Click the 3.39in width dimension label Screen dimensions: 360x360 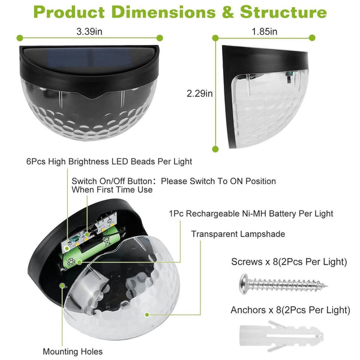[89, 31]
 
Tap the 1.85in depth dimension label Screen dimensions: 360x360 [264, 31]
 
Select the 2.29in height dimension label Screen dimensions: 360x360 [200, 94]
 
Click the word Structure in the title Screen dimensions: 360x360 [283, 12]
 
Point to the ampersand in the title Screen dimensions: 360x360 [228, 12]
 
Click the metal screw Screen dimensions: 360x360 [283, 284]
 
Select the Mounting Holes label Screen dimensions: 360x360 [73, 352]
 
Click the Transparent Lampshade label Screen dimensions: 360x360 [238, 234]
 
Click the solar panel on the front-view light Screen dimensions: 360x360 [90, 58]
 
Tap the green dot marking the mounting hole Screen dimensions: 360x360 [62, 286]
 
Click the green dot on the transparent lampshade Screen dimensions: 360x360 [147, 314]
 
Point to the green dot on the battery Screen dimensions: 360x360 [79, 262]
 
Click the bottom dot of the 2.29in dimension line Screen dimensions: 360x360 [215, 149]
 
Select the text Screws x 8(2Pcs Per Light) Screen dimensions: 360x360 [289, 262]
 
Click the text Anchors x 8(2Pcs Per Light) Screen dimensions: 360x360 [290, 310]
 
